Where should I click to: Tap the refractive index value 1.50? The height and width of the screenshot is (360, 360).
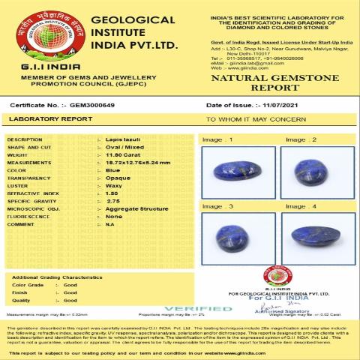click(112, 193)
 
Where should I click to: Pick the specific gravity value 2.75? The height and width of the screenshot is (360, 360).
click(112, 201)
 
